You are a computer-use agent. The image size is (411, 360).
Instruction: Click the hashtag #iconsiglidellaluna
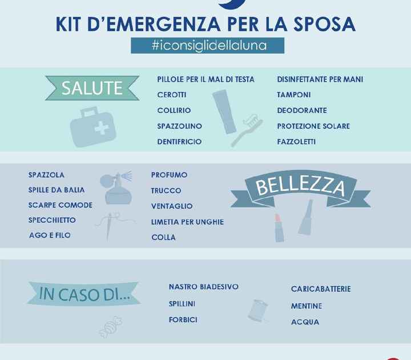point(199,46)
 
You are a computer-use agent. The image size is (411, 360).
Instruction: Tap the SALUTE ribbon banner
point(92,87)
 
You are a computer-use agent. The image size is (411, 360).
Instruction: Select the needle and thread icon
point(112,225)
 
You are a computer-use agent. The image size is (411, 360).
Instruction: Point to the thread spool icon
point(258,310)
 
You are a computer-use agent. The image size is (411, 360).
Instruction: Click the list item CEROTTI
point(172,95)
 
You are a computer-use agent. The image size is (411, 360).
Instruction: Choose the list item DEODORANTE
point(302,110)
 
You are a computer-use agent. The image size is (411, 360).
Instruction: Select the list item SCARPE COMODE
point(60,205)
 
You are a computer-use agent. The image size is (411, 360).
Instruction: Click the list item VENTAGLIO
point(172,206)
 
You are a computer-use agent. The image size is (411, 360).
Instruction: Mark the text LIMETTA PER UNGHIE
point(187,222)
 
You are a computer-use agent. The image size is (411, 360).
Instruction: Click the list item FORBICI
point(183,320)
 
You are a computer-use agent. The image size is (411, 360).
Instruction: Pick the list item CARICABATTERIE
point(321,289)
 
